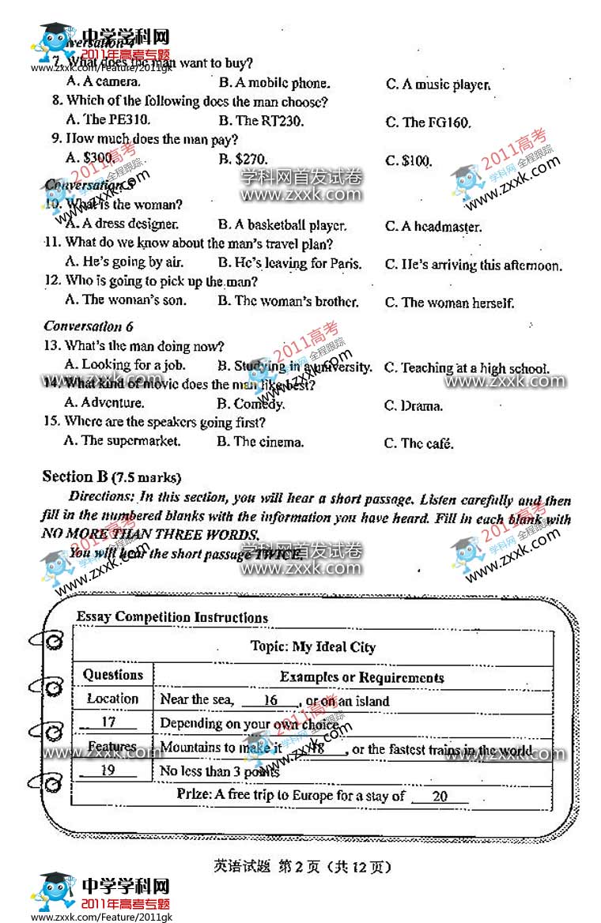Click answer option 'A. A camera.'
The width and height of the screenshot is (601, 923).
point(104,81)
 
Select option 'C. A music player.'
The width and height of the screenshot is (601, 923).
point(438,85)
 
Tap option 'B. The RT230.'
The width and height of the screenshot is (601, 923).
point(260,121)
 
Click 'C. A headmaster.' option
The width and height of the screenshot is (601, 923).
point(433,227)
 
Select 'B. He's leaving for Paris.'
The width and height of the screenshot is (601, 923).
point(289,263)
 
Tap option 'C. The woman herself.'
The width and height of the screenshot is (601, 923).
point(449,303)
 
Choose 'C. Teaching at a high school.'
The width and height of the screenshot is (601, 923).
point(467,368)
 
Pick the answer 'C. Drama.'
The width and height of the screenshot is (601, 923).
point(414,406)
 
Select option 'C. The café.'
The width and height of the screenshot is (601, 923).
point(419,443)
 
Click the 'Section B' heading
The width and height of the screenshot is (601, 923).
point(111,477)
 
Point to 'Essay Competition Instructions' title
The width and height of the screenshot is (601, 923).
point(172,618)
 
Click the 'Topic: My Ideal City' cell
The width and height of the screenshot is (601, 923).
point(313,647)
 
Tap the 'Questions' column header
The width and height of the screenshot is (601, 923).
point(113,675)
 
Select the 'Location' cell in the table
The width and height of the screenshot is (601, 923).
point(112,699)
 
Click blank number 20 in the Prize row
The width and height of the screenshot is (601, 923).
point(440,797)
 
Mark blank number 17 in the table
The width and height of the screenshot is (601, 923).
point(108,723)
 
